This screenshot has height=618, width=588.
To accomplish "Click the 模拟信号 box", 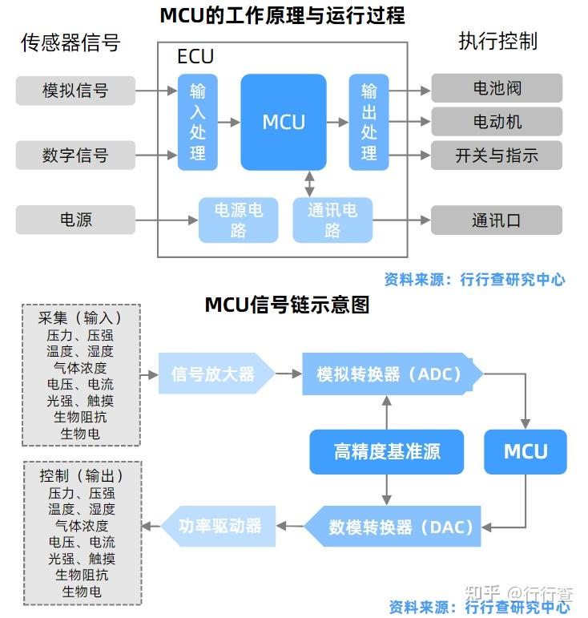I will pyautogui.click(x=75, y=90).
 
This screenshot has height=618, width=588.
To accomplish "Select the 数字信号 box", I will pyautogui.click(x=75, y=155).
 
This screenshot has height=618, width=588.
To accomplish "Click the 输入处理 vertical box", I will pyautogui.click(x=197, y=122).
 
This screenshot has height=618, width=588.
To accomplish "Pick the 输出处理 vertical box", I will pyautogui.click(x=369, y=122).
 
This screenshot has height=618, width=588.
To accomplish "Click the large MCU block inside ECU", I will pyautogui.click(x=284, y=122).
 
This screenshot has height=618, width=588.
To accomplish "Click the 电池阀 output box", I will pyautogui.click(x=497, y=88).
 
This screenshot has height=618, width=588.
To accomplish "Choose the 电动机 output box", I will pyautogui.click(x=497, y=122).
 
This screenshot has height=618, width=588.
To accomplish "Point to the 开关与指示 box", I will pyautogui.click(x=497, y=155).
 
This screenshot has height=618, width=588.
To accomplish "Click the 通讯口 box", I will pyautogui.click(x=497, y=220).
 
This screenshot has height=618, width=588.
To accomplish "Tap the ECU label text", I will pyautogui.click(x=195, y=58).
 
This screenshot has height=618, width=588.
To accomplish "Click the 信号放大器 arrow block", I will pyautogui.click(x=215, y=374).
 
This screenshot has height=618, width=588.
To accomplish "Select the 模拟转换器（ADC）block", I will pyautogui.click(x=391, y=374).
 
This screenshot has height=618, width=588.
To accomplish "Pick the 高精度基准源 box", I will pyautogui.click(x=387, y=451).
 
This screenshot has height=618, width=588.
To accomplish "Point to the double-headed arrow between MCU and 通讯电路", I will pyautogui.click(x=309, y=183).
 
